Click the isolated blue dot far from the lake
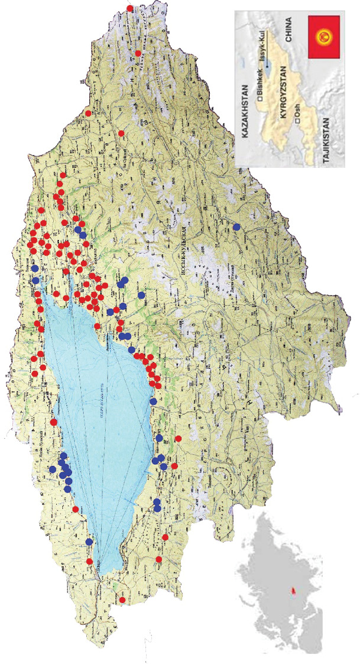[x=236, y=226]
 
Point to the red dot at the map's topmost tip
[x=131, y=8]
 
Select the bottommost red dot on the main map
[x=122, y=600]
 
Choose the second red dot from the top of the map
[x=138, y=53]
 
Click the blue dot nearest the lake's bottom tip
[x=89, y=542]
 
